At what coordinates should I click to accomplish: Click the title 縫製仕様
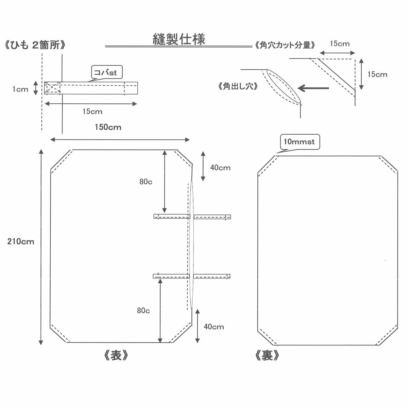(x=179, y=39)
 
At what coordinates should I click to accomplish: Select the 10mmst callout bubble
(x=299, y=142)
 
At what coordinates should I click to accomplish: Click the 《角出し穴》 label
(x=238, y=86)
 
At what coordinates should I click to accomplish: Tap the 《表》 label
(x=116, y=356)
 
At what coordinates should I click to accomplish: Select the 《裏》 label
(x=267, y=356)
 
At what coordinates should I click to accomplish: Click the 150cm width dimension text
(x=108, y=127)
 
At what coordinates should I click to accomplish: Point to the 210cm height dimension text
(x=21, y=242)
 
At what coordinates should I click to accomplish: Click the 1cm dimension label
(x=20, y=89)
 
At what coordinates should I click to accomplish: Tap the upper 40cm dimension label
(x=220, y=168)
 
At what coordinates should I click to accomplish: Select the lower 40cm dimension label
(x=214, y=327)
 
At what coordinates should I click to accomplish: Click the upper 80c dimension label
(x=146, y=182)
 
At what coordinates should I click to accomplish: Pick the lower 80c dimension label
(x=143, y=310)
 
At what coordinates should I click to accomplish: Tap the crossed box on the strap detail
(x=52, y=88)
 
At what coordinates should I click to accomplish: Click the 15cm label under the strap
(x=92, y=112)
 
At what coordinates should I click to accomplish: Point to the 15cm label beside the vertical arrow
(x=377, y=74)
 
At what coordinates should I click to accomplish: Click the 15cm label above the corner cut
(x=339, y=44)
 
